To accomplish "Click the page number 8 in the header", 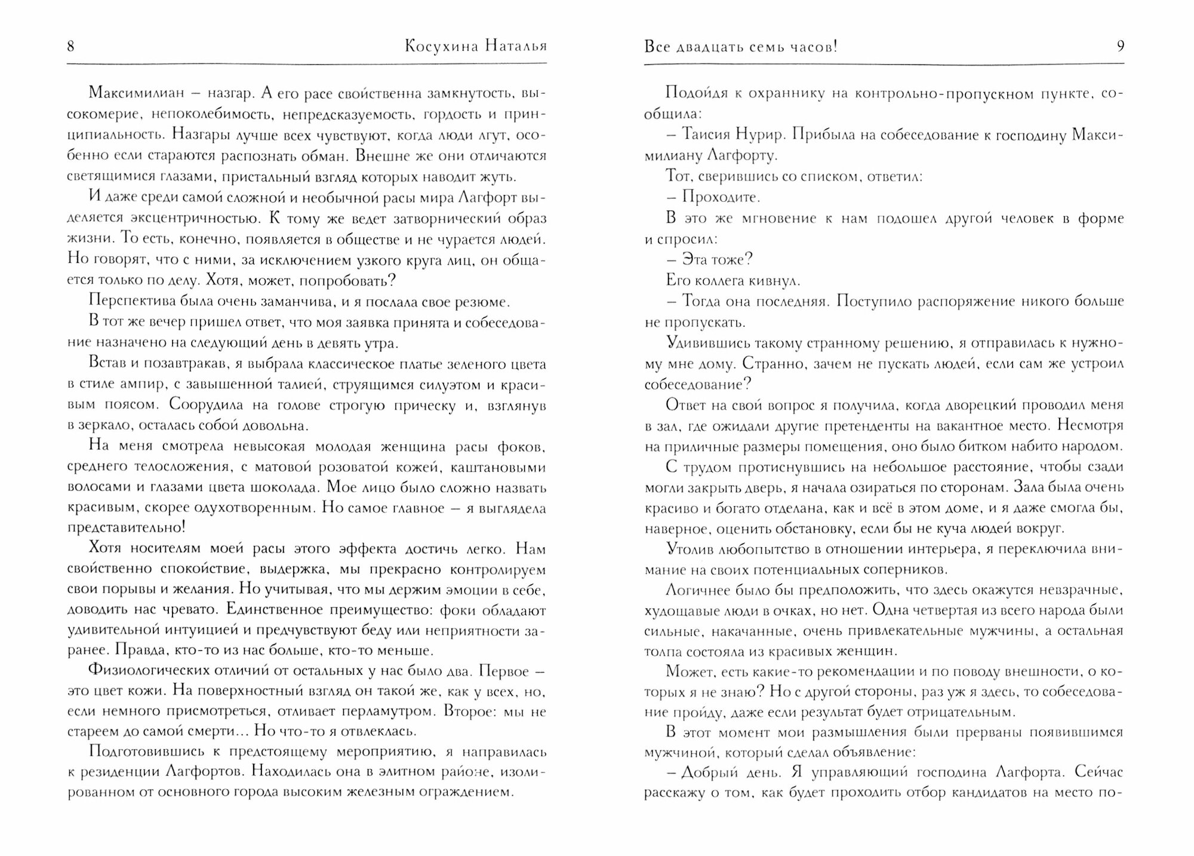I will [x=71, y=47].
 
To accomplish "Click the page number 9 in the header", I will [x=1120, y=47].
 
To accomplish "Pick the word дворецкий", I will [x=980, y=405].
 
